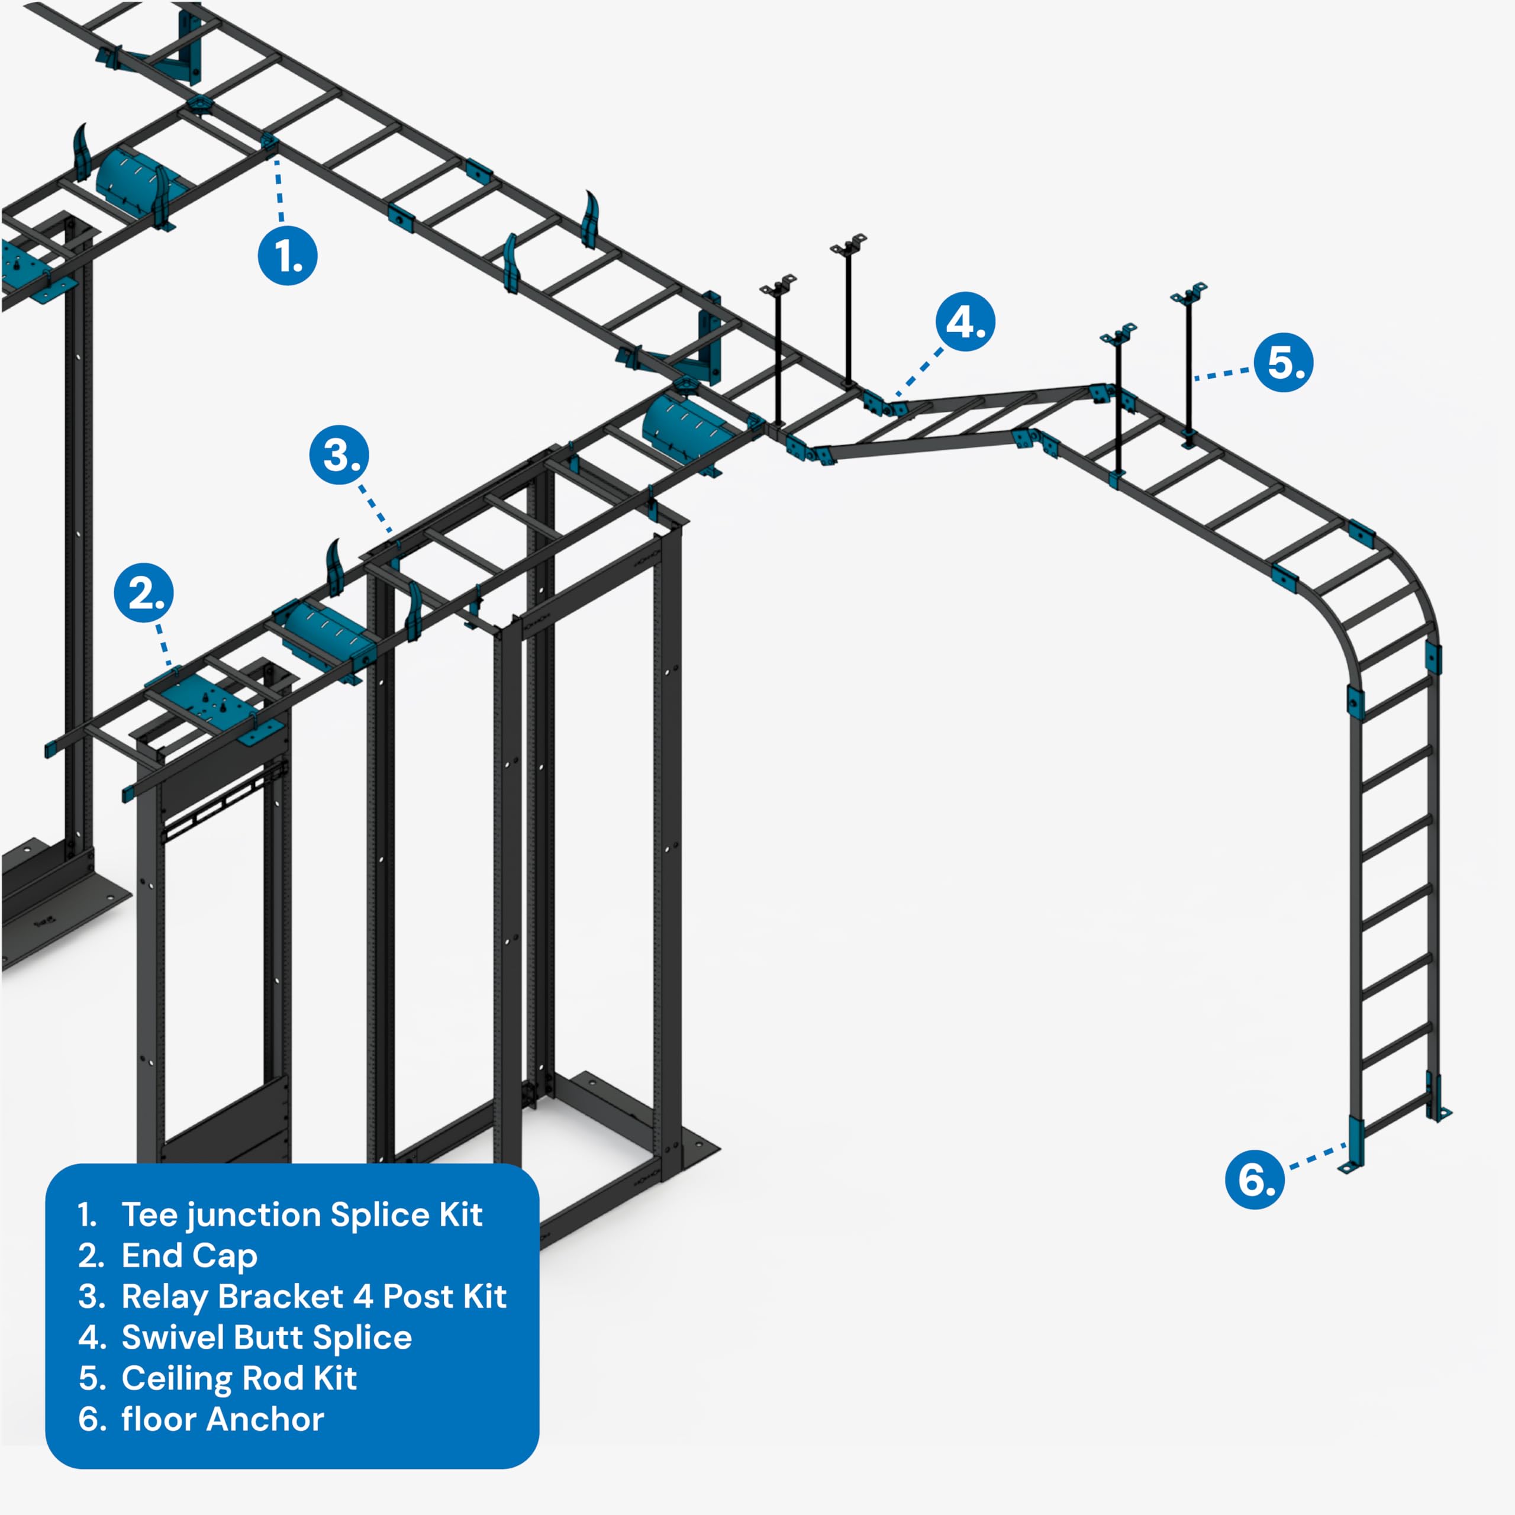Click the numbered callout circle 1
click(x=287, y=256)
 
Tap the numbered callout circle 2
click(x=143, y=593)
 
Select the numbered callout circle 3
click(x=339, y=455)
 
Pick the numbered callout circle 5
click(x=1283, y=362)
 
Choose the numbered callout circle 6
click(x=1255, y=1179)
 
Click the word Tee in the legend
click(x=150, y=1215)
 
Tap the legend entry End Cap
click(x=189, y=1255)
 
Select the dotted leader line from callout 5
click(x=1223, y=374)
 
